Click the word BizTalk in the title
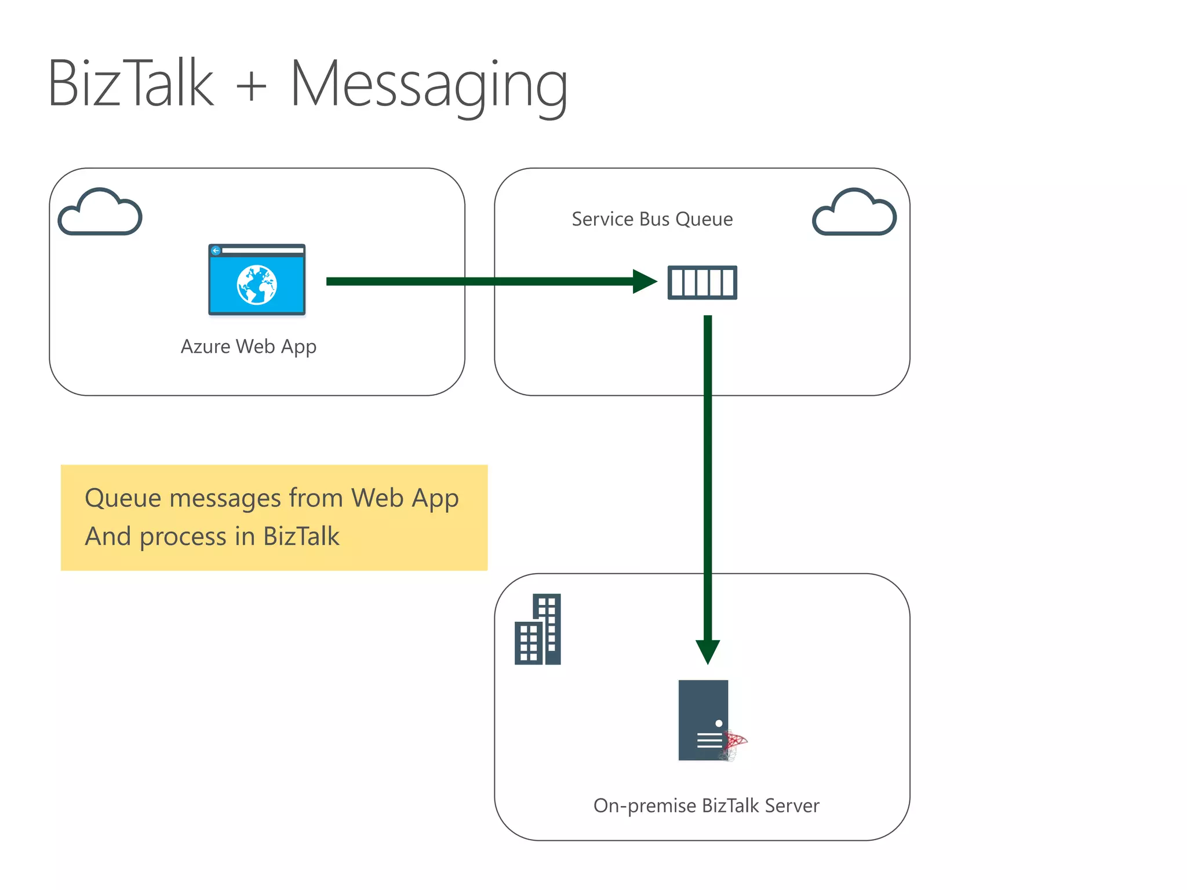(131, 84)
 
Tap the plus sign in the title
(252, 87)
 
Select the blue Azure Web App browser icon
(257, 280)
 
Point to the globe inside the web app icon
(257, 284)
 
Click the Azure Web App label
(249, 346)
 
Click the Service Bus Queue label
(652, 219)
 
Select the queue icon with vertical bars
(702, 282)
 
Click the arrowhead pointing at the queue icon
(645, 282)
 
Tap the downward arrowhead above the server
(708, 651)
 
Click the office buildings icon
(538, 629)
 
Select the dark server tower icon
(703, 720)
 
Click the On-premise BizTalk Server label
(706, 805)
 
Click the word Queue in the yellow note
(122, 499)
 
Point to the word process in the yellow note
(183, 537)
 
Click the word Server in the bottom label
(792, 805)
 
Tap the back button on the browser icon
(216, 251)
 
